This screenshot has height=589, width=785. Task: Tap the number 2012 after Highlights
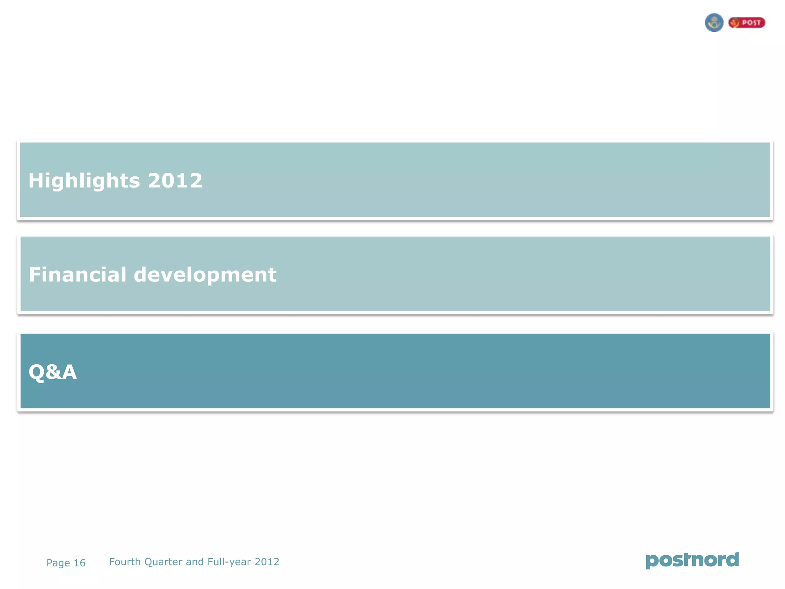(x=175, y=181)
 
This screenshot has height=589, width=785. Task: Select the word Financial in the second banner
(x=77, y=275)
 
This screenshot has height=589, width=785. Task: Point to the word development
(x=205, y=275)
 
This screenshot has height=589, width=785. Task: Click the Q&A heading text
(x=53, y=372)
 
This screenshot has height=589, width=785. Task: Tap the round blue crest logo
(x=714, y=23)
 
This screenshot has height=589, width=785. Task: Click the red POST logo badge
(x=747, y=23)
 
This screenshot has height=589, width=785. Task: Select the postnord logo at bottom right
(x=692, y=560)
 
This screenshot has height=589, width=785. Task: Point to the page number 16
(x=79, y=563)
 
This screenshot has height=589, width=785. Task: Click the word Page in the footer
(x=58, y=563)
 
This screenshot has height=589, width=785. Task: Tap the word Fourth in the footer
(x=125, y=562)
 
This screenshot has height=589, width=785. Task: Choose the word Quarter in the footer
(x=163, y=562)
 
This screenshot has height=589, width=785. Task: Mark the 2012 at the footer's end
(x=267, y=562)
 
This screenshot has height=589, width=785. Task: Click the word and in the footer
(x=195, y=562)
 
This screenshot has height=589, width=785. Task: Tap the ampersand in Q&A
(x=53, y=372)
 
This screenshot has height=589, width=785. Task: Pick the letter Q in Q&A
(x=36, y=372)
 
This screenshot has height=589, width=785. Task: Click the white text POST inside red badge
(x=751, y=23)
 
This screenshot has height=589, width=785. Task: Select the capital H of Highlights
(x=36, y=181)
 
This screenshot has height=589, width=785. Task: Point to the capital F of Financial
(x=34, y=275)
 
